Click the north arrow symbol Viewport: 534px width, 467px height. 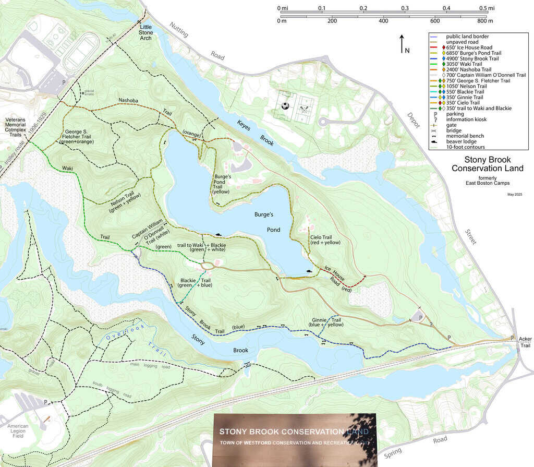402,45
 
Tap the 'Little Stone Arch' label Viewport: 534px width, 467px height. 147,32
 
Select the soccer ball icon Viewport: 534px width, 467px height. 285,105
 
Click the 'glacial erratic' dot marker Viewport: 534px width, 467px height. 81,93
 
